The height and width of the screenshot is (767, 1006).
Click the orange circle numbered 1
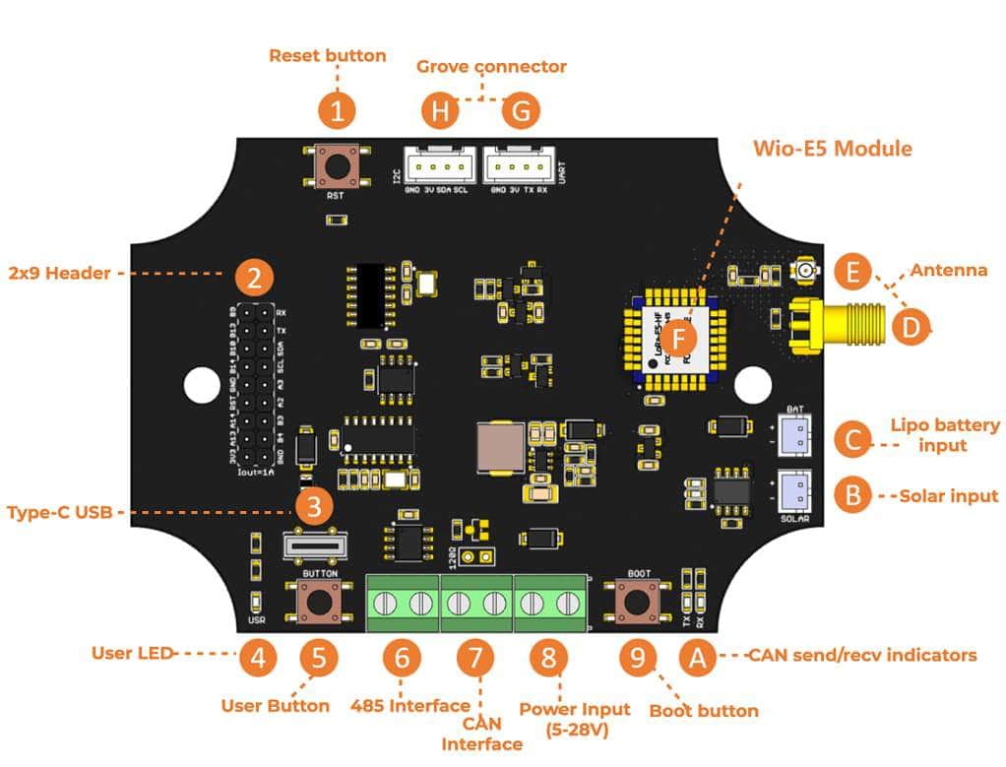coord(337,111)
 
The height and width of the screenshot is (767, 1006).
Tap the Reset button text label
coord(327,55)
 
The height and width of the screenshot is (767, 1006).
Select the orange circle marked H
coord(440,111)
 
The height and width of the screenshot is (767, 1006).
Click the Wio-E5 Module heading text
coord(832,149)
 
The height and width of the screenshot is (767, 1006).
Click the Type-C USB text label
coord(61,512)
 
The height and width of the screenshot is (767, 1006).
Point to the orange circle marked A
coord(698,657)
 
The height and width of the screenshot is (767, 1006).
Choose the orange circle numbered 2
coord(254,278)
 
